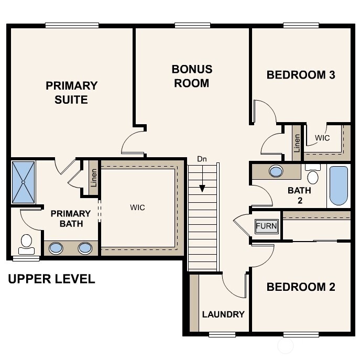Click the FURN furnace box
coord(266,226)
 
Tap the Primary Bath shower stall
coord(24,182)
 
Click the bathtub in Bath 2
coord(339,186)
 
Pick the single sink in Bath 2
coord(276,171)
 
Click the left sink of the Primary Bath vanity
coord(56,248)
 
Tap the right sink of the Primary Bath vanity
coord(85,248)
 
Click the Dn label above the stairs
coord(202,159)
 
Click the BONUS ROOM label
coord(192,76)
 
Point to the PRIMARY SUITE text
coord(71,92)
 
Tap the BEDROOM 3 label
coord(301,75)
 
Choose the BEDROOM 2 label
coord(301,287)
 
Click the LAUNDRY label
coord(223,314)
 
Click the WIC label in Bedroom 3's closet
coord(322,138)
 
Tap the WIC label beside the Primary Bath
coord(137,208)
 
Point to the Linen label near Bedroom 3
coord(297,143)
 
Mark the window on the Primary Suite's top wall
coord(72,25)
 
